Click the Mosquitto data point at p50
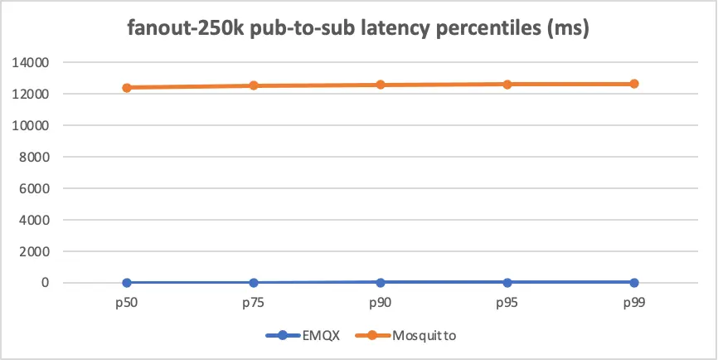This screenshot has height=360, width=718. (x=127, y=87)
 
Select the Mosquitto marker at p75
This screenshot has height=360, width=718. (x=254, y=85)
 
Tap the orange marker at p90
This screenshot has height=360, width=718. (x=381, y=85)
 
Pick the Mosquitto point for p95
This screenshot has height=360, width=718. (x=507, y=84)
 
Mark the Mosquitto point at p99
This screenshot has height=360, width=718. (x=634, y=84)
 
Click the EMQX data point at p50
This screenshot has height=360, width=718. (x=127, y=283)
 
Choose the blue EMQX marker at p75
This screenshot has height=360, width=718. (x=254, y=283)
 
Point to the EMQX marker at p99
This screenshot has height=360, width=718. (x=634, y=283)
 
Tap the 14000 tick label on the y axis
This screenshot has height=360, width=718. (x=31, y=62)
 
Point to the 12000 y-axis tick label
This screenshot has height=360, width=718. (x=31, y=94)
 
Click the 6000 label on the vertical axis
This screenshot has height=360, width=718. (x=34, y=188)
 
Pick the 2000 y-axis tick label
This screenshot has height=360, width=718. (x=34, y=251)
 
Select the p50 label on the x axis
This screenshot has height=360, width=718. (x=127, y=304)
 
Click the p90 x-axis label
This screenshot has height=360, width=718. (x=381, y=304)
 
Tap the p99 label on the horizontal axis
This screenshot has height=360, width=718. (x=634, y=304)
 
